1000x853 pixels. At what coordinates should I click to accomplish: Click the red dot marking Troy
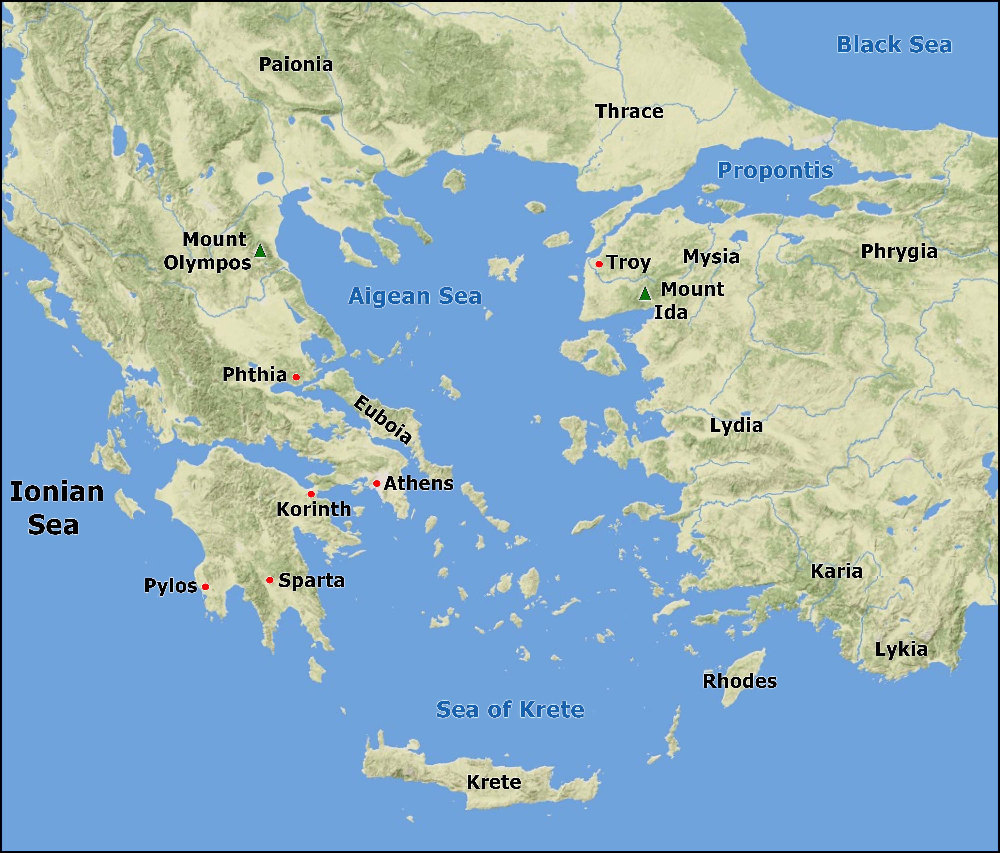pyautogui.click(x=599, y=264)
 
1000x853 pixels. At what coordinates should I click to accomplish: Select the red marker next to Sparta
pyautogui.click(x=270, y=580)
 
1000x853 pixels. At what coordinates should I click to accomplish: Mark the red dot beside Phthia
pyautogui.click(x=296, y=377)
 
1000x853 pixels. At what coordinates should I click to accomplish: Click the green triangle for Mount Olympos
pyautogui.click(x=260, y=251)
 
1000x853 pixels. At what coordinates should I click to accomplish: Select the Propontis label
pyautogui.click(x=775, y=170)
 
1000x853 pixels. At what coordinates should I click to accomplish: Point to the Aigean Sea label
pyautogui.click(x=415, y=296)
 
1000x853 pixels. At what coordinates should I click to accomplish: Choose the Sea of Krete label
pyautogui.click(x=510, y=709)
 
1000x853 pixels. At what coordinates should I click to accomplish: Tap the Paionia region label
pyautogui.click(x=296, y=65)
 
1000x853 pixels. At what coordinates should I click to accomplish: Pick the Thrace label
pyautogui.click(x=629, y=112)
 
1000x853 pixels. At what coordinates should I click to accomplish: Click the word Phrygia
pyautogui.click(x=899, y=252)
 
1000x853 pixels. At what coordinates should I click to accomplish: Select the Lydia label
pyautogui.click(x=736, y=425)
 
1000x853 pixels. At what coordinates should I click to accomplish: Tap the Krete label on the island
pyautogui.click(x=494, y=782)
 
